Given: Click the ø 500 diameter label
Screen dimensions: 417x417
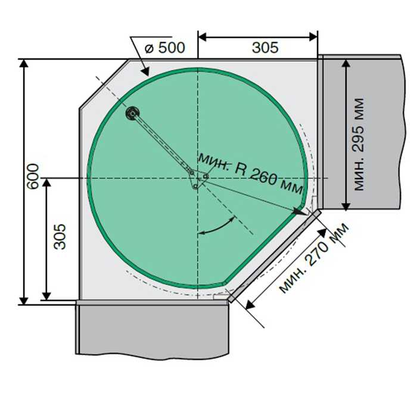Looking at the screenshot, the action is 164,48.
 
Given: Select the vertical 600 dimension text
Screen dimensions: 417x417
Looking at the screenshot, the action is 33,176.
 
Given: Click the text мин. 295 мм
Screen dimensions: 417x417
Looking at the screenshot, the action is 359,144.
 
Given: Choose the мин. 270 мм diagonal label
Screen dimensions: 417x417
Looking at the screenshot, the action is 314,258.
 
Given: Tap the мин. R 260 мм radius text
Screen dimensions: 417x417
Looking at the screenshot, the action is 251,173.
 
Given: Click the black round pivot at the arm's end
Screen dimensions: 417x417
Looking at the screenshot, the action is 132,114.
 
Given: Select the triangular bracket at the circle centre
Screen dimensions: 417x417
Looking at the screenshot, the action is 198,179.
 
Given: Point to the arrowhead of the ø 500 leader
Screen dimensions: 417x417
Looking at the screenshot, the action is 146,72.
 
